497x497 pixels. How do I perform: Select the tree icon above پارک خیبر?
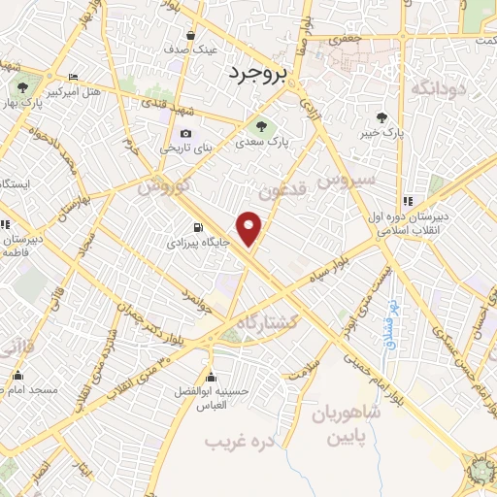[393, 117]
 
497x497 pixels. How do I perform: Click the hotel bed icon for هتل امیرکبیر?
[74, 78]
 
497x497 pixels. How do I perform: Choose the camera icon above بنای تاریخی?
[186, 134]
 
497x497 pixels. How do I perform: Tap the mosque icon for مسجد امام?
[17, 376]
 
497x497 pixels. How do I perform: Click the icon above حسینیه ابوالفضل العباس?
[211, 377]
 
